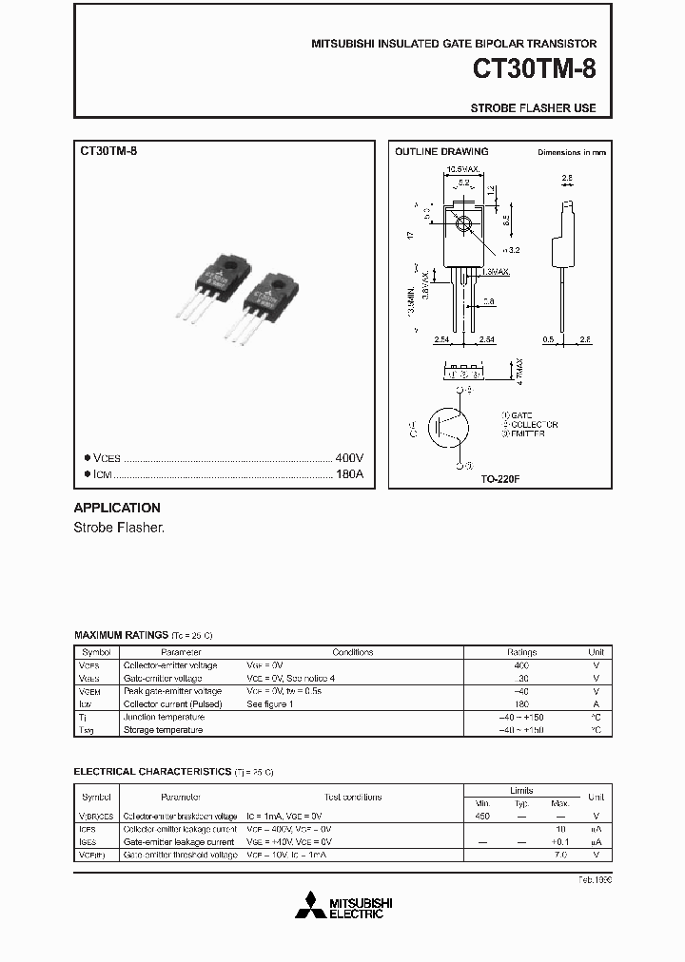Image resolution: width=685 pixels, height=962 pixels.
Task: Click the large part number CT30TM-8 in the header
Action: (536, 71)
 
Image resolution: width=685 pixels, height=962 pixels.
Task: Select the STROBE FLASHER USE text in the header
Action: (533, 108)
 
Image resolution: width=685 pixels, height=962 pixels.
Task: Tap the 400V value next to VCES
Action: (349, 457)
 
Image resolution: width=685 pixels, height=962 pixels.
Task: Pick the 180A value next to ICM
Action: (349, 473)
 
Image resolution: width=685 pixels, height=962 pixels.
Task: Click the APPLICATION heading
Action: (117, 508)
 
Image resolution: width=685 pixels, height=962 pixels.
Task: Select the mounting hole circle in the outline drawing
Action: (463, 225)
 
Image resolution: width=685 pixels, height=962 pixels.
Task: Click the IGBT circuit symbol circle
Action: (448, 428)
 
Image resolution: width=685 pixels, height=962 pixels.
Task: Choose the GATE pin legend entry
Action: (519, 414)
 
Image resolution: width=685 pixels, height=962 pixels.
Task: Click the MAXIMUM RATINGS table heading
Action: (121, 634)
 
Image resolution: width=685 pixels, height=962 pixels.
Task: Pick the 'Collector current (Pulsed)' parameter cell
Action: (172, 704)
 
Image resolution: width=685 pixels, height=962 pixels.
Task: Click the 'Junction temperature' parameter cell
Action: (164, 717)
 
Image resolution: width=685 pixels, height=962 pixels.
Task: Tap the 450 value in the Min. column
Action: (482, 817)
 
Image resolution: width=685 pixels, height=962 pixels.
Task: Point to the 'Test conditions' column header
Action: (352, 797)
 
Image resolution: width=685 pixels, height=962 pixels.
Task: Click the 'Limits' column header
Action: (521, 790)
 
